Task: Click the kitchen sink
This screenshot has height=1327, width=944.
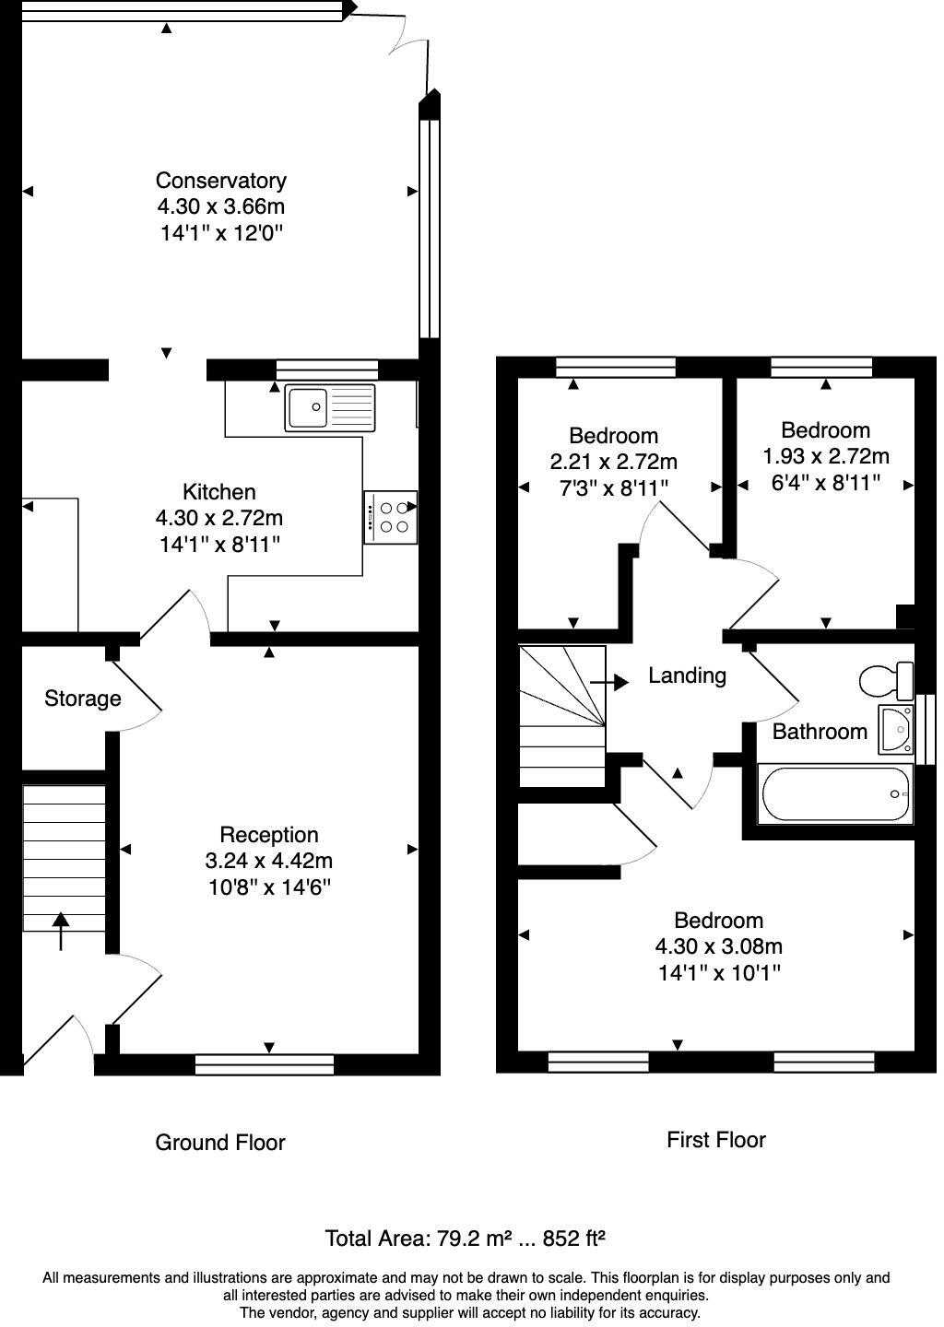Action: point(330,407)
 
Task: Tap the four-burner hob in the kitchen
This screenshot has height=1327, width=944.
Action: point(391,517)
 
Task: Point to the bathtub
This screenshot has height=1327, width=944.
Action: point(835,794)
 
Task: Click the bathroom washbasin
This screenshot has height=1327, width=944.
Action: point(895,729)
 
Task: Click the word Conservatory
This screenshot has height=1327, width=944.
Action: point(220,181)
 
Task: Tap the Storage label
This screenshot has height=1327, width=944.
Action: point(83,699)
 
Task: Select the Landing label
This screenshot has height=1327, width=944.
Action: point(687,675)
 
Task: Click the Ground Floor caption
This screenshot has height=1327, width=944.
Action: point(220,1143)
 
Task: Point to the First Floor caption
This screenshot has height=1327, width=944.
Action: point(716,1140)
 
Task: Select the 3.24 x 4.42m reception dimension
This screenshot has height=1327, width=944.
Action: point(268,862)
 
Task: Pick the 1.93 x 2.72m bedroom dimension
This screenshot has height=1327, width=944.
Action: point(825,456)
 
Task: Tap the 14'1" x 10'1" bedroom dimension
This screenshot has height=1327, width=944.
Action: point(719,972)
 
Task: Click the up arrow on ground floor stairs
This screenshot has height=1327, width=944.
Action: point(61,930)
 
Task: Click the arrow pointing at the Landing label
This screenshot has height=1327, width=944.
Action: point(609,682)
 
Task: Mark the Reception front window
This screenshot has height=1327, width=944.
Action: point(265,1065)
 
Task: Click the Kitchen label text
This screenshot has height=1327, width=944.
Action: point(219,492)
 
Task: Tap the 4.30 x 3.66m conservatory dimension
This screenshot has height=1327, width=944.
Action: point(220,206)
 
